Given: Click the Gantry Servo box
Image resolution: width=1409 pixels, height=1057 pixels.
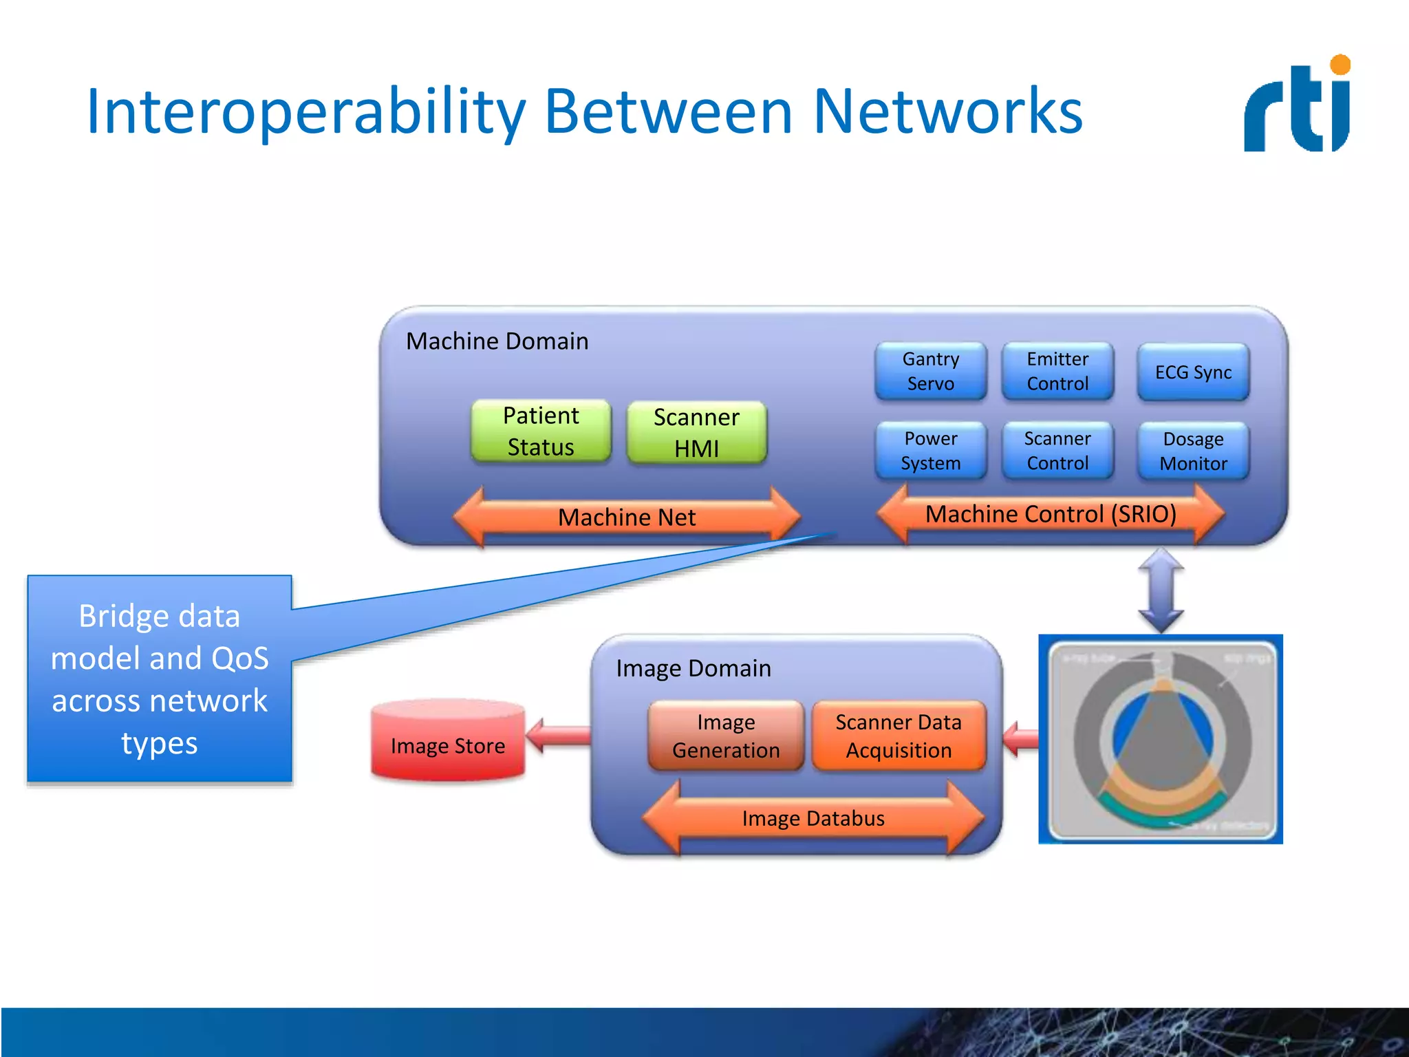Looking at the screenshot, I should (930, 372).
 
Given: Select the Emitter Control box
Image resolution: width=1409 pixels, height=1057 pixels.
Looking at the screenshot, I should (1057, 372).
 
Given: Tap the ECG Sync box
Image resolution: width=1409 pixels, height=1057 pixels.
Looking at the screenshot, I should (1193, 372).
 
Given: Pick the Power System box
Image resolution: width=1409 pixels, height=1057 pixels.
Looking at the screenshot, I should (930, 451).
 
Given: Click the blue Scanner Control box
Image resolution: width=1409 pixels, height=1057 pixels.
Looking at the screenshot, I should (1057, 451).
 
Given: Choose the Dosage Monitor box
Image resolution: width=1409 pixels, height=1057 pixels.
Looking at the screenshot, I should (1193, 451).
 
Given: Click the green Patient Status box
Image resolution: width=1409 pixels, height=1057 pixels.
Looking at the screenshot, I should (541, 431).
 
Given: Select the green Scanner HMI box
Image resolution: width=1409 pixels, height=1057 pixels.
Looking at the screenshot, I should (696, 433).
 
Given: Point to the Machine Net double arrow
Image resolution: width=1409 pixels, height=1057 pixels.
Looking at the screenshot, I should (627, 517).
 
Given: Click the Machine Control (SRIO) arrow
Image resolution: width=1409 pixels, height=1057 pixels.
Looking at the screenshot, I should (1051, 514).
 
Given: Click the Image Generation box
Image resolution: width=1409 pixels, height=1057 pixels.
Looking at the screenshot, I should (726, 736).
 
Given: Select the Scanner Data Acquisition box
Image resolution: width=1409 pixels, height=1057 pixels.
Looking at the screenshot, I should (899, 736).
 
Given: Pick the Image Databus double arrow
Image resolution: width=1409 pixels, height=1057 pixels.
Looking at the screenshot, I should (813, 818).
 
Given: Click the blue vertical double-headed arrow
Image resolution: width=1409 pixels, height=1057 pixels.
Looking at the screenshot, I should (1161, 590).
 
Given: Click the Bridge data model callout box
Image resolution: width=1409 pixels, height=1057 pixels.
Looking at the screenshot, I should (160, 679).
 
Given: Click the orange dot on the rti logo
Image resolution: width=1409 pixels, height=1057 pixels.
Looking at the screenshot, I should (1340, 65).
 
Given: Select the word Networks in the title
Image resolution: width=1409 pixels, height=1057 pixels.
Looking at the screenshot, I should (947, 111).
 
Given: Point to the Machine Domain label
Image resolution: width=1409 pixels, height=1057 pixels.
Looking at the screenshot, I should (497, 341).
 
